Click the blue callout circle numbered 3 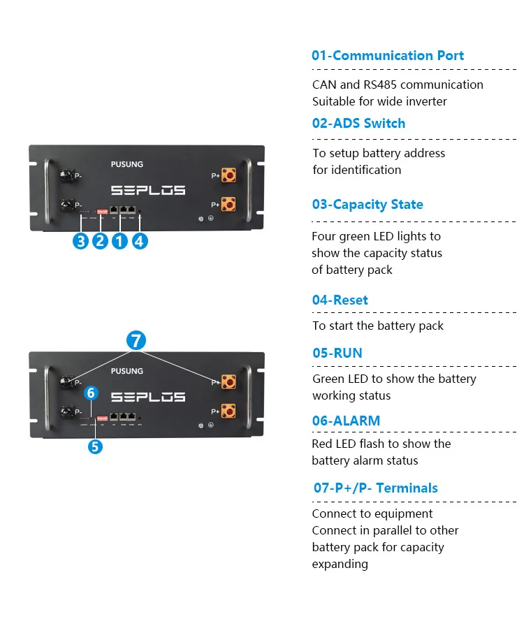(x=82, y=241)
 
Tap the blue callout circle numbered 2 (x=101, y=241)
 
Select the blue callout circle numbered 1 (x=120, y=241)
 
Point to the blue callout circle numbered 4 (x=140, y=241)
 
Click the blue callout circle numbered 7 (x=136, y=341)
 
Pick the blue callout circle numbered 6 (x=90, y=393)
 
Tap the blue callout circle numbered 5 (x=95, y=446)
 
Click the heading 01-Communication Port (x=387, y=56)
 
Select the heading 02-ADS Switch (x=358, y=124)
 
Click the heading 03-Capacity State (x=367, y=205)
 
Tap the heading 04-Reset (x=340, y=300)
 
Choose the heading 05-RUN (x=337, y=354)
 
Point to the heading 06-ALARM (x=346, y=421)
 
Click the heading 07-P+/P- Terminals (x=375, y=488)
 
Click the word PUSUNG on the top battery (x=126, y=164)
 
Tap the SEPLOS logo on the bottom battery (x=147, y=397)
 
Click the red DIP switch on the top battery (x=101, y=209)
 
